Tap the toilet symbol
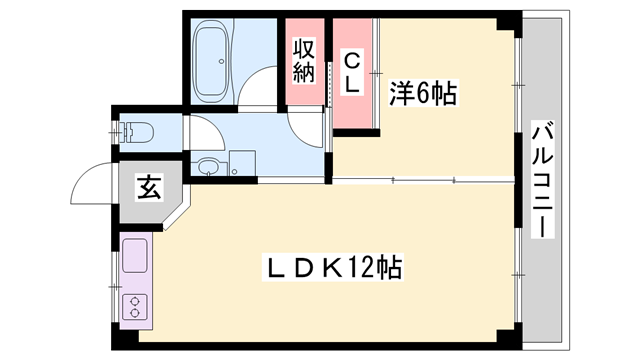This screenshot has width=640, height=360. tap(134, 131)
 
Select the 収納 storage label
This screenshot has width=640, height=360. tap(305, 59)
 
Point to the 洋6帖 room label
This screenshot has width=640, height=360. tap(422, 94)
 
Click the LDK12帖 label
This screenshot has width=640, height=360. tap(332, 267)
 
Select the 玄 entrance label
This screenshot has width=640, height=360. tap(149, 187)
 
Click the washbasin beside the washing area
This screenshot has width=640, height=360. tap(208, 167)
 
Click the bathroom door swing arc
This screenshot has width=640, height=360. tap(262, 90)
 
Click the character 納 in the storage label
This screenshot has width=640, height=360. tap(305, 71)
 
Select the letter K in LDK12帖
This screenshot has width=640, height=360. tap(331, 267)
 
